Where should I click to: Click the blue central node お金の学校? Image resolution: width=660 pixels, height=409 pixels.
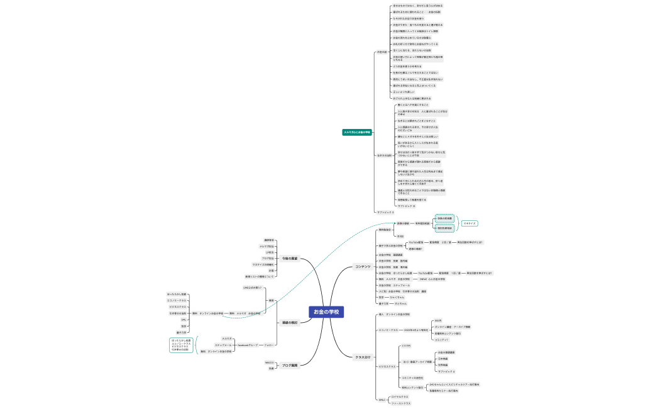point(326,312)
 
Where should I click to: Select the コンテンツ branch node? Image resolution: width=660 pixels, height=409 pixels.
point(363,267)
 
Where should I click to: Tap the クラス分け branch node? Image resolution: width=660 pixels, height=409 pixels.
point(363,357)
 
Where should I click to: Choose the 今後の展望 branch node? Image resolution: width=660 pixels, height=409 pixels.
point(289,259)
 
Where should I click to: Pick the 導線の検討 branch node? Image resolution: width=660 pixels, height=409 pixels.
point(290,323)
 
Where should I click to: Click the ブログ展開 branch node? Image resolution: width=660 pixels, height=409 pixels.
point(289,365)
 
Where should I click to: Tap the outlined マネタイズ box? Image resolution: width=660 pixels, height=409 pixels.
point(470,223)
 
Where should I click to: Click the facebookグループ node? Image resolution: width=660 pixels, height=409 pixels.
point(247,345)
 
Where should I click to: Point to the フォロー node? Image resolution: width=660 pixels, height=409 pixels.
point(268,345)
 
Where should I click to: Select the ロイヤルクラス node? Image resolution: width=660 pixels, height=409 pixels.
point(400,396)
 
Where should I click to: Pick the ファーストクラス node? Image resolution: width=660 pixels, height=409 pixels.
point(400,403)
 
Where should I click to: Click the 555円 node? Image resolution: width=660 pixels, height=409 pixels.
point(438,320)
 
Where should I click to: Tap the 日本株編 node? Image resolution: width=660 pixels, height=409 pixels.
point(443,359)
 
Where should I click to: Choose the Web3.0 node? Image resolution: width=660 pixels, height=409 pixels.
point(269,362)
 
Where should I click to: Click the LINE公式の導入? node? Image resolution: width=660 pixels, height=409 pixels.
point(252,288)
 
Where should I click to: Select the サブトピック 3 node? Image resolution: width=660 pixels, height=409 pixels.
point(385,212)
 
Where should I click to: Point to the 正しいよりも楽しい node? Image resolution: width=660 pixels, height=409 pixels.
point(405,92)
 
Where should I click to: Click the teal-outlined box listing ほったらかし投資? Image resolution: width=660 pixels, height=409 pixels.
point(181,345)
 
